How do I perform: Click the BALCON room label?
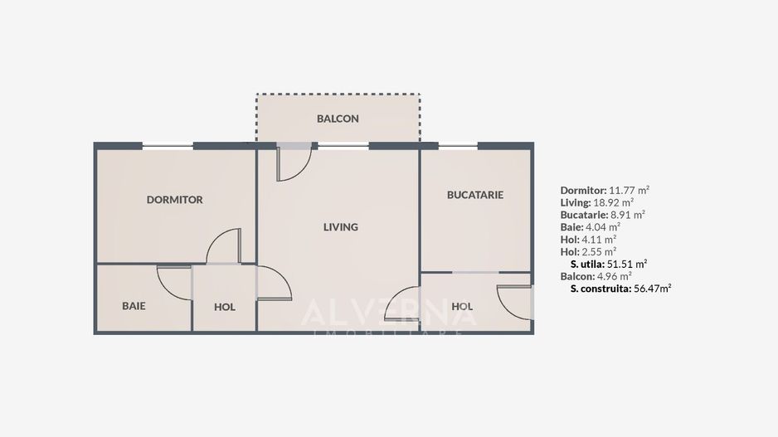(338, 119)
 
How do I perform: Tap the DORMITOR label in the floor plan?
(174, 200)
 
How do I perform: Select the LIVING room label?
(340, 226)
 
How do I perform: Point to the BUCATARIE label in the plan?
(474, 195)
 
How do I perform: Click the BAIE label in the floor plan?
(134, 306)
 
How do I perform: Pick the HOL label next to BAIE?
(224, 307)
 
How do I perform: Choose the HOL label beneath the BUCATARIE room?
(462, 307)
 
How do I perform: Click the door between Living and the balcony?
(293, 162)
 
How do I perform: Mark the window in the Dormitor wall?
(168, 146)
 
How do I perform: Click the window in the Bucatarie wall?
(458, 146)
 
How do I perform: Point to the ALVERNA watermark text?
(388, 313)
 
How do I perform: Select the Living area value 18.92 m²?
(614, 202)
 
